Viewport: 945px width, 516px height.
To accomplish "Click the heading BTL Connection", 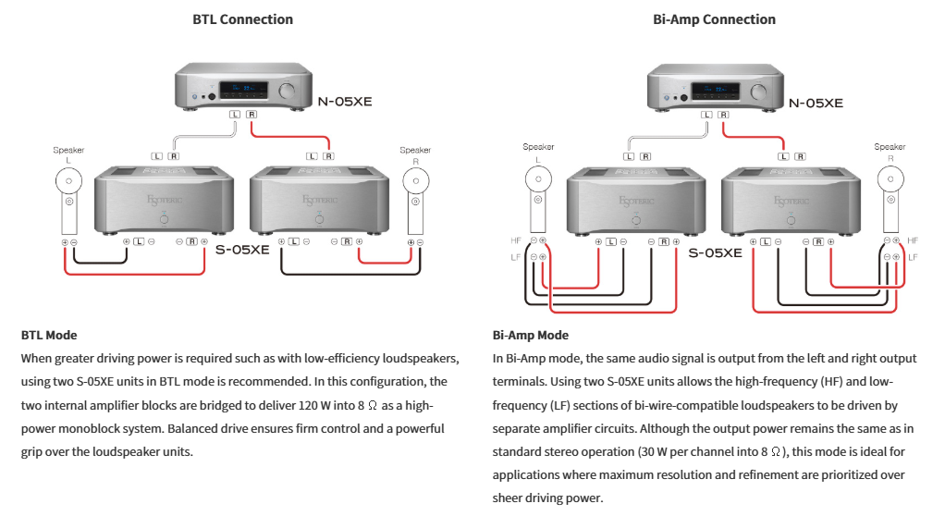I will pos(242,19).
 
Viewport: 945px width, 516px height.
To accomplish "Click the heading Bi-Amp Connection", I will pos(713,19).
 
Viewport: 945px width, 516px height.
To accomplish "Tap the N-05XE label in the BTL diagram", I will pos(344,101).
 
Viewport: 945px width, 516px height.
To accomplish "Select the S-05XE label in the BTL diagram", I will pos(241,249).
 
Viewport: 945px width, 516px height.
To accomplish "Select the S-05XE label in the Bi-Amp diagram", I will pos(715,252).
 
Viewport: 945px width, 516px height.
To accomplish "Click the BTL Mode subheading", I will pos(49,336).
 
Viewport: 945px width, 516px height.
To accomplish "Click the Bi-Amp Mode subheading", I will pos(531,336).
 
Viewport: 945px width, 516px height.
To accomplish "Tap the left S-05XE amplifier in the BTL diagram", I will pos(164,199).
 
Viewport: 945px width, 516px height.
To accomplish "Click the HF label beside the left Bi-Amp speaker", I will pos(515,240).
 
